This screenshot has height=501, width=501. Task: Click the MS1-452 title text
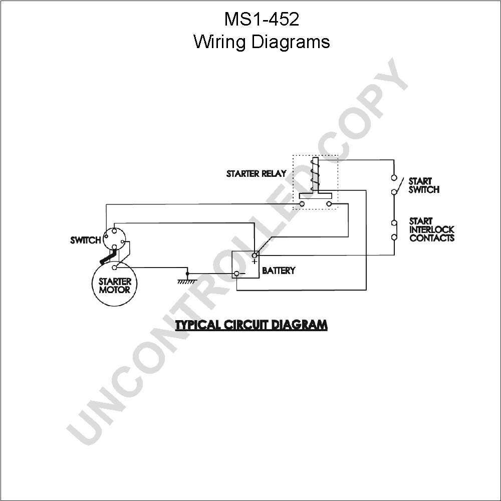pos(262,19)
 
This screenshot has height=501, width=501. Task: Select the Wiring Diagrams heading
pos(262,42)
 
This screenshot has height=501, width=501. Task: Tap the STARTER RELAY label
pos(256,173)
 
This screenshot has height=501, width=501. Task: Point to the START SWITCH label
pos(424,185)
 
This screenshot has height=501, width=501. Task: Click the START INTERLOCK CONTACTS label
pos(432,229)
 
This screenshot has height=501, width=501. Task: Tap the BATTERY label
pos(278,271)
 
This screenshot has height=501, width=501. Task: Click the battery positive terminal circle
pos(255,256)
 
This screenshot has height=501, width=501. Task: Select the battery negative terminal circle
pos(237,274)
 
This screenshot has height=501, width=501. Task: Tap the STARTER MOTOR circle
pos(115,284)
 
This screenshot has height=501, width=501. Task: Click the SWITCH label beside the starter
pos(85,240)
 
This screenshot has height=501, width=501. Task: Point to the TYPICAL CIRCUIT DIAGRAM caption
pos(252,325)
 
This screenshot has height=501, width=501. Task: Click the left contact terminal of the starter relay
pos(302,204)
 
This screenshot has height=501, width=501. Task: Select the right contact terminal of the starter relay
pos(329,204)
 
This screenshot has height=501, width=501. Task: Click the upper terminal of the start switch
pos(394,178)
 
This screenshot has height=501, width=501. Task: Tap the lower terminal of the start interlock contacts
pos(394,237)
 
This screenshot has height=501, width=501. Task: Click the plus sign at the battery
pos(255,262)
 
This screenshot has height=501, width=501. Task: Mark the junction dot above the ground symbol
pos(187,274)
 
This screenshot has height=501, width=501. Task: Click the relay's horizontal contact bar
pos(315,195)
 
